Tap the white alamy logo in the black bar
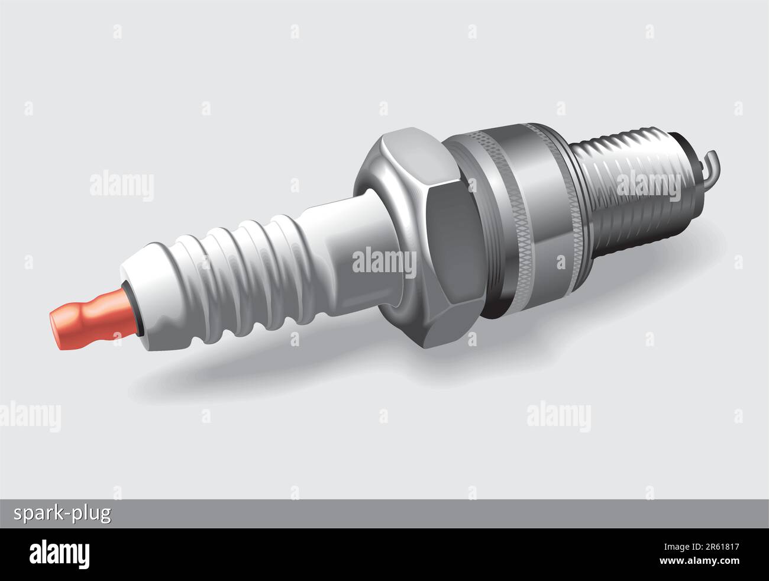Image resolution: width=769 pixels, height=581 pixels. click(x=60, y=553)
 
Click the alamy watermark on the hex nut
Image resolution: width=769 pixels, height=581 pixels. click(x=384, y=261)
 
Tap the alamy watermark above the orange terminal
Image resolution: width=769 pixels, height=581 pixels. click(x=122, y=185)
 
